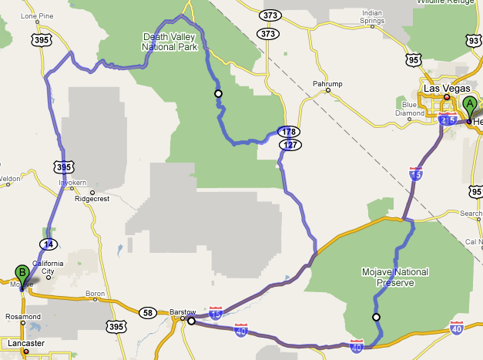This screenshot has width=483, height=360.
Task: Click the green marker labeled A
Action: point(469,106)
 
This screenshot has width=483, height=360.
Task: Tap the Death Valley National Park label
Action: point(170,41)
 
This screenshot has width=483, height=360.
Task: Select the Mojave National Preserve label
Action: point(395,277)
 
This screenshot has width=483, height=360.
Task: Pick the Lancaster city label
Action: point(22,342)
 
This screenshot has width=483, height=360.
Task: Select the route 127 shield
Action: point(290,144)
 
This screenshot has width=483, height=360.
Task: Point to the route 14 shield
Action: point(49,244)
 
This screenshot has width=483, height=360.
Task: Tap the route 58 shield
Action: point(147,312)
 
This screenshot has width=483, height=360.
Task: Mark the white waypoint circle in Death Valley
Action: point(218,93)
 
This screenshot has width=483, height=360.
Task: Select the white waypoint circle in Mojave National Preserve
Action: point(376,317)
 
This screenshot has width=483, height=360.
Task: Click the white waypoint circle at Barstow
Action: point(191,321)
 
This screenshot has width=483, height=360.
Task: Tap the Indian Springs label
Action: point(372,16)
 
